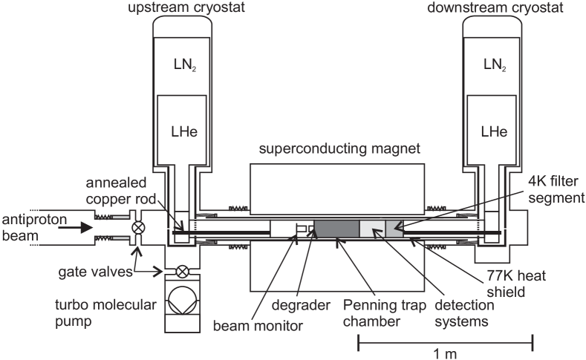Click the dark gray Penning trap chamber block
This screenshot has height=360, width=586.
(x=336, y=230)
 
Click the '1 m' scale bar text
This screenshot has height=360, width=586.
(x=445, y=353)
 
